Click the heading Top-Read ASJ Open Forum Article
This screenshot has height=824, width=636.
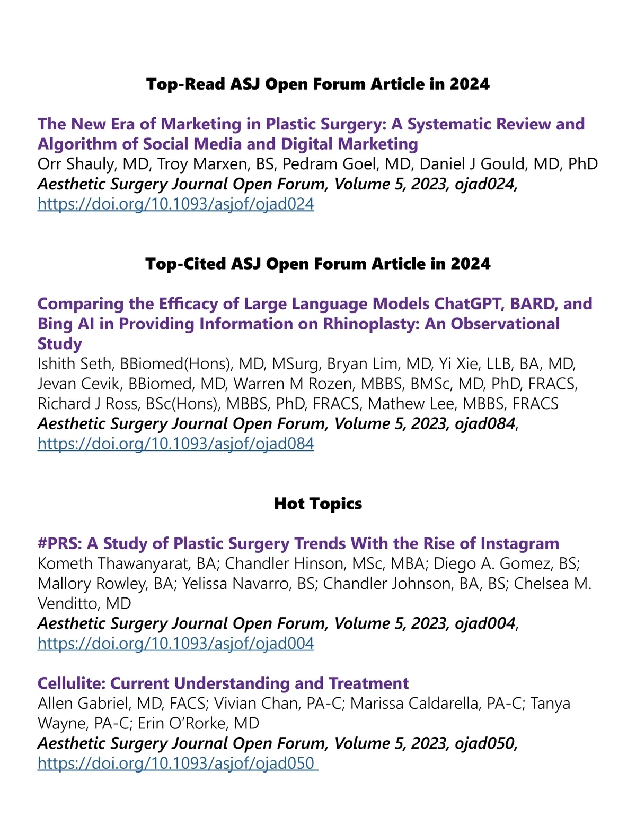317,84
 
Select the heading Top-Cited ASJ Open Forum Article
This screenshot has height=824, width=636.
317,264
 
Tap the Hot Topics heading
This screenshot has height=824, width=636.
317,504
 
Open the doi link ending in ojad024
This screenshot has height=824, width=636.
175,204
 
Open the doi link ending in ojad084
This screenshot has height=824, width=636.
175,444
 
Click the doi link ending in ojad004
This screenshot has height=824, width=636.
175,644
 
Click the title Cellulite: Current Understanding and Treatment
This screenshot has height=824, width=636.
223,683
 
